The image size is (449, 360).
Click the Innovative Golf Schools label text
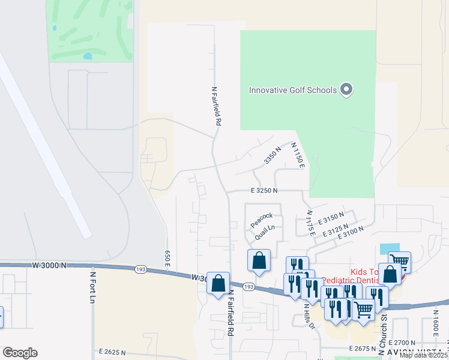click(x=292, y=91)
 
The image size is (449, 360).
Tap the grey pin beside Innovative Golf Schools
click(x=346, y=91)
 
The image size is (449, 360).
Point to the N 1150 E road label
click(x=298, y=155)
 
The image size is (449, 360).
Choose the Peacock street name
click(x=262, y=220)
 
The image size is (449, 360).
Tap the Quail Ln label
click(x=264, y=232)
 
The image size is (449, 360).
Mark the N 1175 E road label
click(x=310, y=222)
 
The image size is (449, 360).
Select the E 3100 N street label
click(x=351, y=233)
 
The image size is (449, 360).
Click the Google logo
click(x=20, y=353)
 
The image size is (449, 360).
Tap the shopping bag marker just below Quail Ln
click(x=259, y=261)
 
